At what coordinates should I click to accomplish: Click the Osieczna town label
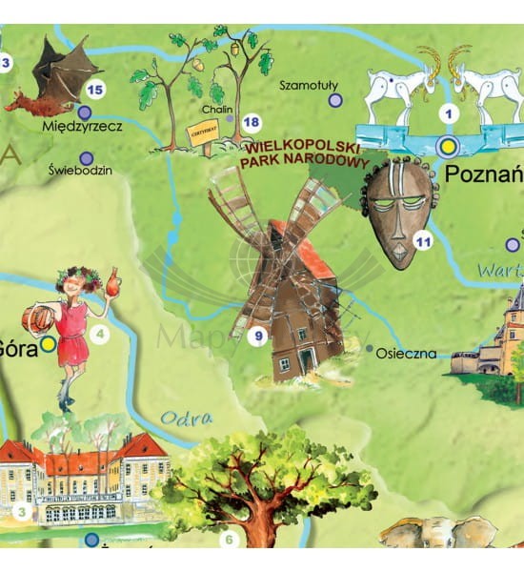[x=406, y=354]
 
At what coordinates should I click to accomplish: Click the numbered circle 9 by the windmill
[x=256, y=335]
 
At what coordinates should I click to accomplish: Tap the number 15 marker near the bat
[x=93, y=90]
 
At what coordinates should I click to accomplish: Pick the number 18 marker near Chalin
[x=252, y=122]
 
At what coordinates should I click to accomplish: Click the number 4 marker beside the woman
[x=100, y=334]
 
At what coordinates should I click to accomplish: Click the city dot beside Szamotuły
[x=334, y=100]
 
